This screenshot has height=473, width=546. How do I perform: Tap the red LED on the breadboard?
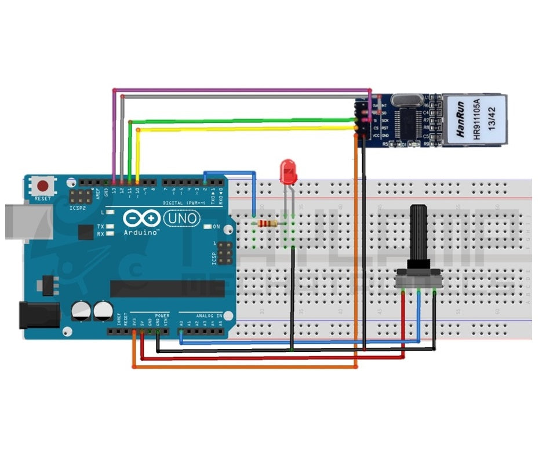(288, 173)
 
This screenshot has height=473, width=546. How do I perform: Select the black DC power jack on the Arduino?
(39, 315)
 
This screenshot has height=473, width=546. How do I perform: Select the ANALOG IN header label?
(208, 316)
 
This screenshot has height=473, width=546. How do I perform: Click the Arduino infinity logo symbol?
(141, 219)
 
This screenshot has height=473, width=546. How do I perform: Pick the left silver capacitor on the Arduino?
(81, 310)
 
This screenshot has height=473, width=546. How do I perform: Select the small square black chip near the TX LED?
(85, 232)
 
